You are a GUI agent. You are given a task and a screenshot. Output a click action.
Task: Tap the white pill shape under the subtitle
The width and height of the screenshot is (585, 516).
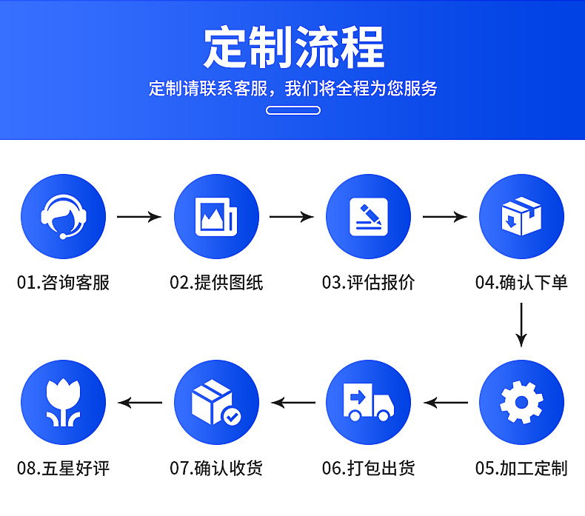pyautogui.click(x=292, y=110)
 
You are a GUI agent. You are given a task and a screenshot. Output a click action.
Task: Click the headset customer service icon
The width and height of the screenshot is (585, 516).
pyautogui.click(x=63, y=217)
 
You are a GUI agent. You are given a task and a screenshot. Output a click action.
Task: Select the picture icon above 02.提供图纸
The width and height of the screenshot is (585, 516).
pyautogui.click(x=215, y=217)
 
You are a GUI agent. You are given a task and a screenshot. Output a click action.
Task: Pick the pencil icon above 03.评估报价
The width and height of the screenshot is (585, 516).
pyautogui.click(x=368, y=217)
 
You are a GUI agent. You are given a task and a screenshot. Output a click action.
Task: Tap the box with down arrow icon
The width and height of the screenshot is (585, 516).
pyautogui.click(x=521, y=217)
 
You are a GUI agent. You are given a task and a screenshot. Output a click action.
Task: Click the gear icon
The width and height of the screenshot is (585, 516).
pyautogui.click(x=521, y=403)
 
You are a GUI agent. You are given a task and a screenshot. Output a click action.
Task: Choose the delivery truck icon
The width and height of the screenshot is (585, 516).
pyautogui.click(x=368, y=403)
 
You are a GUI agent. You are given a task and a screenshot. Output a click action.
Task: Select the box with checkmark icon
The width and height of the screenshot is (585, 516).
pyautogui.click(x=215, y=403)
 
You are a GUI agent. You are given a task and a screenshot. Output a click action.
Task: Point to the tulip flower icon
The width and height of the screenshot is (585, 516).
pyautogui.click(x=63, y=403)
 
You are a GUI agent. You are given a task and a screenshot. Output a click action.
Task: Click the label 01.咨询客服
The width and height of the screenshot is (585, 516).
pyautogui.click(x=63, y=283)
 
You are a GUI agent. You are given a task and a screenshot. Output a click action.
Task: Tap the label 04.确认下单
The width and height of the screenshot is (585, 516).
pyautogui.click(x=521, y=283)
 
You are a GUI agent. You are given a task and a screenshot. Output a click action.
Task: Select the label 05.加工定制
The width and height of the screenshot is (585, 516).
pyautogui.click(x=521, y=468)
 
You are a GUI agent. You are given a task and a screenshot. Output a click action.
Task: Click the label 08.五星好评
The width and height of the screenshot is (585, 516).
pyautogui.click(x=63, y=468)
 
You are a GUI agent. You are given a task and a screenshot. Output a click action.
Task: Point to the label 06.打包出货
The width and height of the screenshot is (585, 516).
pyautogui.click(x=368, y=468)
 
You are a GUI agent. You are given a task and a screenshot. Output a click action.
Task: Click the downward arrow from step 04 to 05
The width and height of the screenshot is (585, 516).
pyautogui.click(x=521, y=324)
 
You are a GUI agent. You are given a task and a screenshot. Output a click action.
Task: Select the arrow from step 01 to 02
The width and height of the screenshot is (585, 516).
pyautogui.click(x=139, y=217)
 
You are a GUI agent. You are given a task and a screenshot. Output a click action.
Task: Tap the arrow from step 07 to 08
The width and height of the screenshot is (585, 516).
pyautogui.click(x=141, y=403)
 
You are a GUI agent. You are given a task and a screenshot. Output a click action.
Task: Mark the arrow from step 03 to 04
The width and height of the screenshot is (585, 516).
pyautogui.click(x=444, y=217)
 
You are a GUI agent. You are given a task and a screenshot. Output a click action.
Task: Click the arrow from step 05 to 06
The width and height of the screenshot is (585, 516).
pyautogui.click(x=446, y=403)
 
